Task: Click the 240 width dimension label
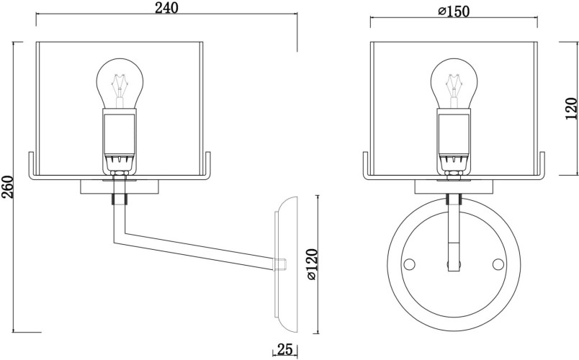pos(166,8)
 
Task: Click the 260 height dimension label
pos(8,186)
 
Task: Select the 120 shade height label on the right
pos(570,109)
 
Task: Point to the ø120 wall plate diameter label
pos(311,264)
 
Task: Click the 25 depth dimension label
pos(284,350)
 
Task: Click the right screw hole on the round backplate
pos(497,264)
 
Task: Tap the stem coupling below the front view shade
pos(453,199)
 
